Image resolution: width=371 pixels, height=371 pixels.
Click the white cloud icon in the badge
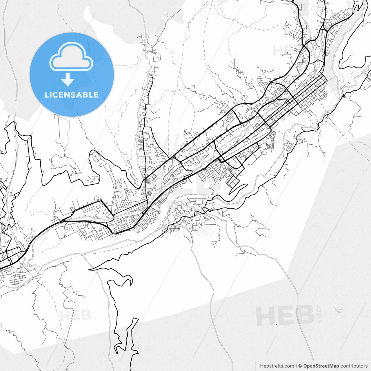(71, 57)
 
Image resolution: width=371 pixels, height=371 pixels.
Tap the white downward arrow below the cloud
(68, 79)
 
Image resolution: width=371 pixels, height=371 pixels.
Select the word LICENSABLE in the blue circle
(72, 95)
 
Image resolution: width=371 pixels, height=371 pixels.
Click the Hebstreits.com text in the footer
(277, 366)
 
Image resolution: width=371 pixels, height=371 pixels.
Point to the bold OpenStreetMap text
(321, 366)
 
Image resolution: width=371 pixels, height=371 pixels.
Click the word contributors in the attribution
(354, 366)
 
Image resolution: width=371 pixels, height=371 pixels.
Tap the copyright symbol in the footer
(300, 366)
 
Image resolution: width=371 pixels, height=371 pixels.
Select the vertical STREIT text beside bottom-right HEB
(319, 313)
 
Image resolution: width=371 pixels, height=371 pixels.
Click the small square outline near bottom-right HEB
(341, 311)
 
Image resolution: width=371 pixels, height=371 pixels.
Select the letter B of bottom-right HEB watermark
(304, 316)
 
